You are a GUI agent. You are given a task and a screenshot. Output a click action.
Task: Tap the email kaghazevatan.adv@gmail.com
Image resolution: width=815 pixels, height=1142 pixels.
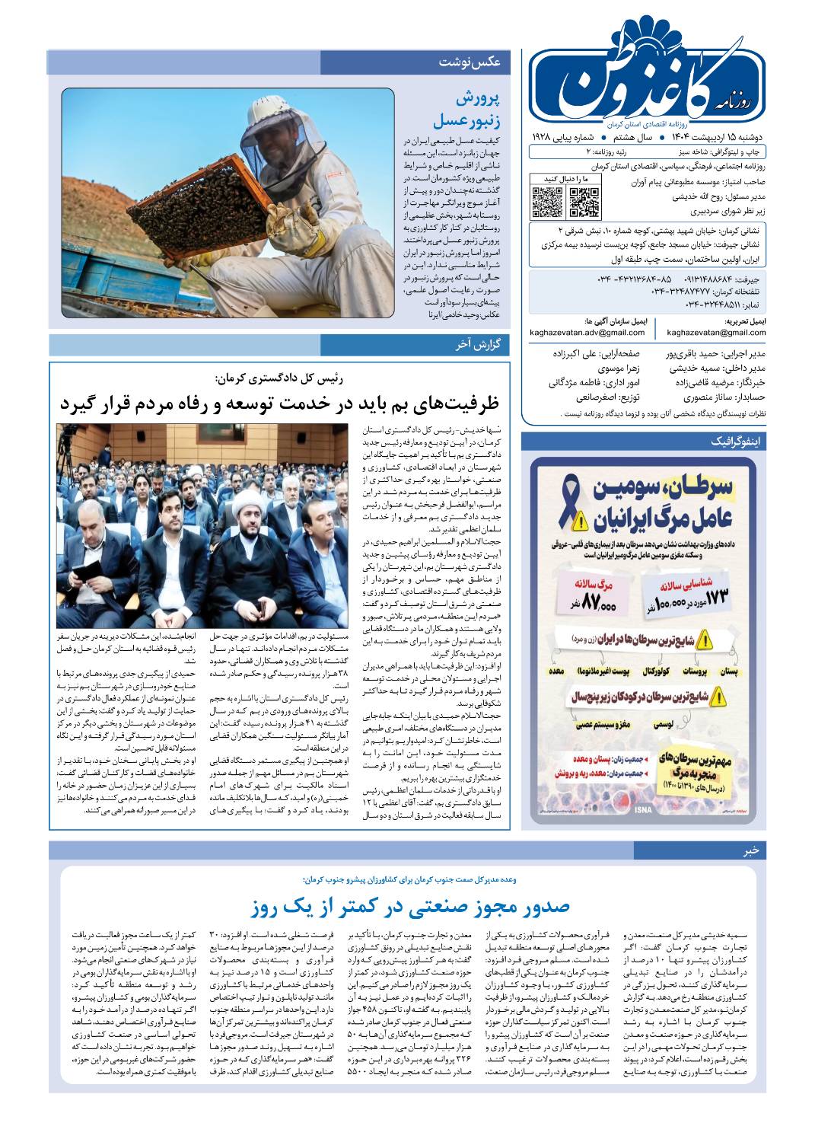coord(589,333)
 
